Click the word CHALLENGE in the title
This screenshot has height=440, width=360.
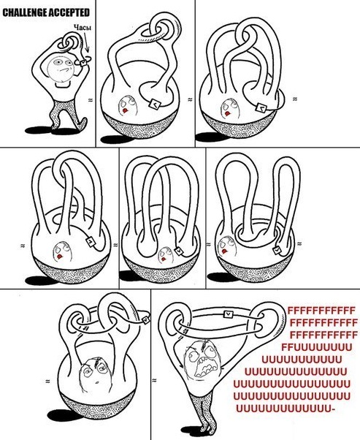pyautogui.click(x=25, y=12)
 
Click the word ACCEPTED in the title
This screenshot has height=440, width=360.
pyautogui.click(x=69, y=12)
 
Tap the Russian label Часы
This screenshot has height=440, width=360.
pyautogui.click(x=83, y=28)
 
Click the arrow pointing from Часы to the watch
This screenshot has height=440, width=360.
pyautogui.click(x=86, y=42)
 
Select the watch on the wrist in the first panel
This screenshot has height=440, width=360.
pyautogui.click(x=83, y=63)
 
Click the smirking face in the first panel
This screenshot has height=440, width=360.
pyautogui.click(x=61, y=68)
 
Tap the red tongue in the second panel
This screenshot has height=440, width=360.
pyautogui.click(x=125, y=110)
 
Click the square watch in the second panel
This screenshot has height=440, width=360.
pyautogui.click(x=155, y=105)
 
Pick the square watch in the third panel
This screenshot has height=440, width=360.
pyautogui.click(x=261, y=107)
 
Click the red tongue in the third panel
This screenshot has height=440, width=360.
pyautogui.click(x=228, y=113)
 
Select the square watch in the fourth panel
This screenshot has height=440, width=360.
pyautogui.click(x=91, y=241)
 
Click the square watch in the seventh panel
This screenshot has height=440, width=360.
pyautogui.click(x=146, y=319)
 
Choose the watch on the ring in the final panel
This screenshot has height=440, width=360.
pyautogui.click(x=229, y=314)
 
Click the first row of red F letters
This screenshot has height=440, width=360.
pyautogui.click(x=321, y=311)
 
